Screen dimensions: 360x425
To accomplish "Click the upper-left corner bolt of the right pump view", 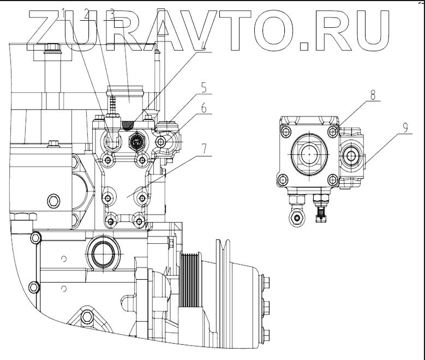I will pyautogui.click(x=284, y=131).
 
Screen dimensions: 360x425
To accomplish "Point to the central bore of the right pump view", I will pyautogui.click(x=309, y=155).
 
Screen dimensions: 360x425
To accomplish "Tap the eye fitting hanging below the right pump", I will pyautogui.click(x=297, y=218).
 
